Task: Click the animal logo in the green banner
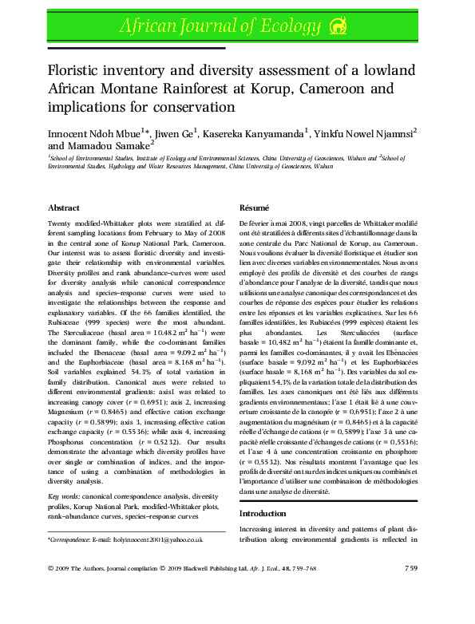pos(340,27)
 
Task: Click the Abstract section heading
pos(64,207)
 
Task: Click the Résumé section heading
pos(255,207)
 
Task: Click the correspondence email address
pos(152,539)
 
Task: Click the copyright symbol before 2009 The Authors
pos(50,568)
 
